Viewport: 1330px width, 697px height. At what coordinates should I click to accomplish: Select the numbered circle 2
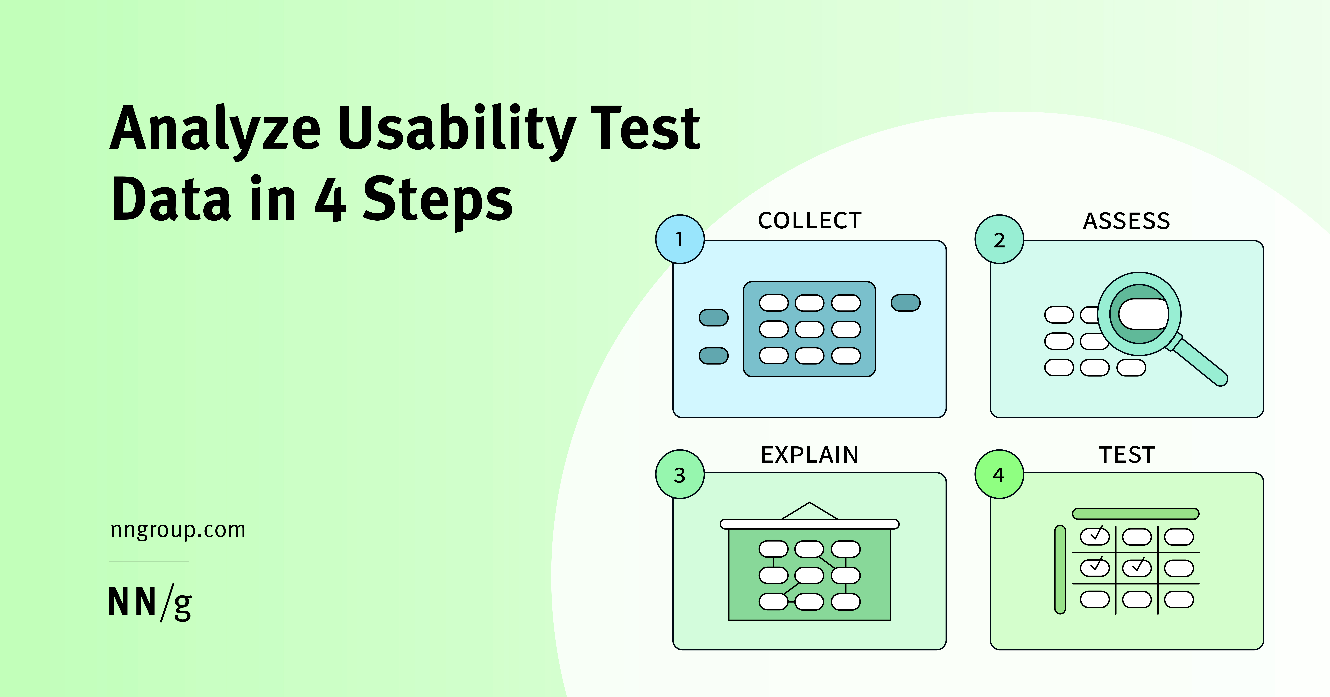tap(999, 239)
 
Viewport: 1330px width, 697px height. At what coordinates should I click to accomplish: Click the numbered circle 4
tap(999, 474)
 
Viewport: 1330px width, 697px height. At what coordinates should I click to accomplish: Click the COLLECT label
tap(810, 221)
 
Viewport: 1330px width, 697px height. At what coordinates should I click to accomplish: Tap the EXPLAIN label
tap(810, 455)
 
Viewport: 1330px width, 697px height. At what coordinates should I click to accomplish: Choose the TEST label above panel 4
tap(1127, 455)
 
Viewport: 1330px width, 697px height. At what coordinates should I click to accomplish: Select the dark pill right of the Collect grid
tap(906, 303)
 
